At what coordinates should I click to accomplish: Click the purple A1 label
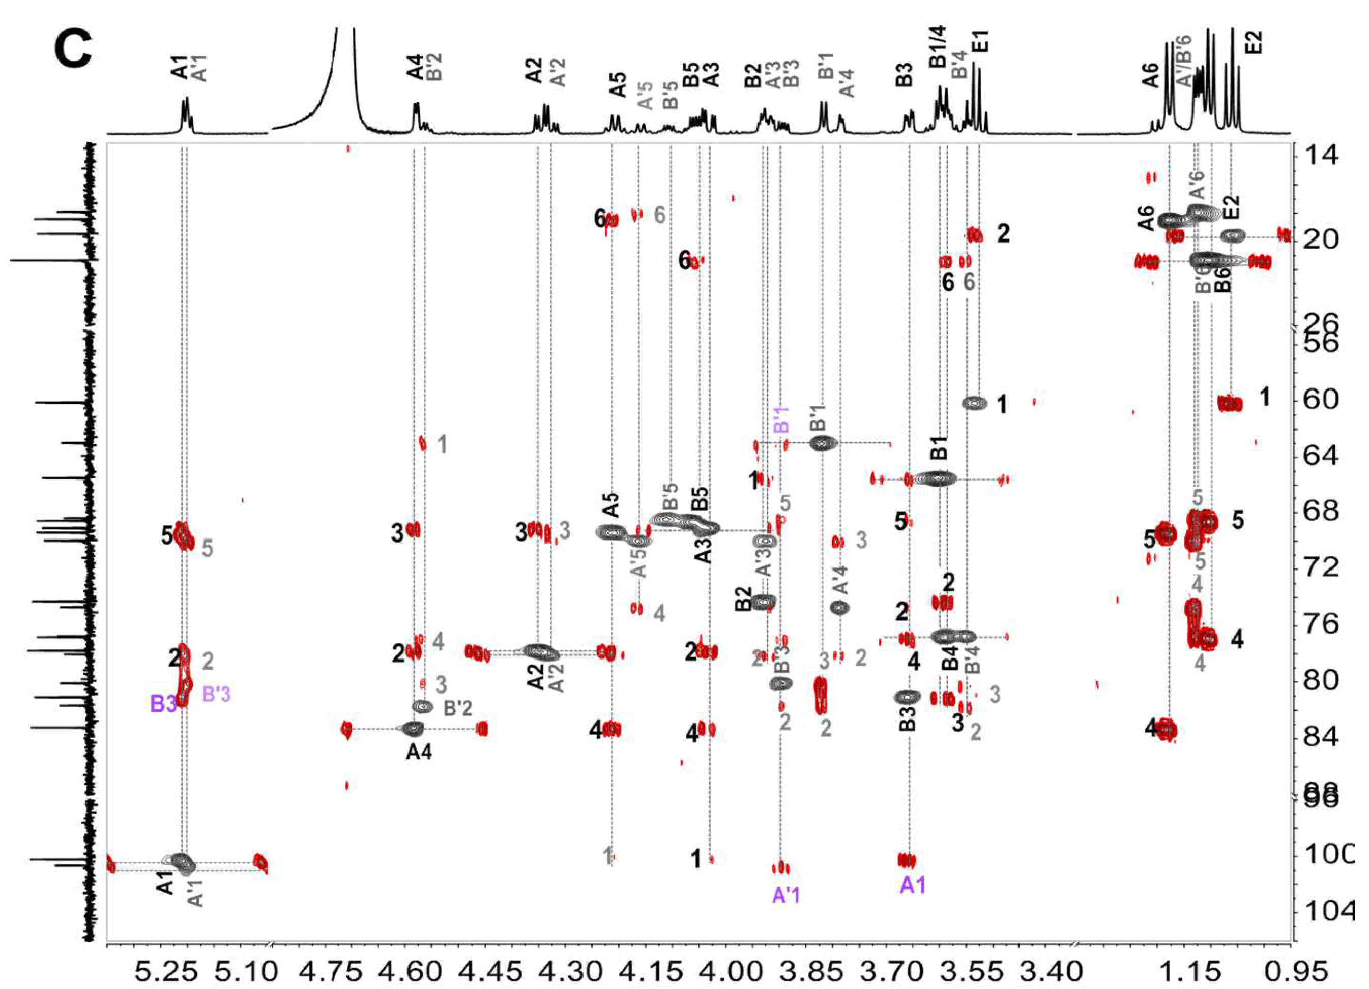coord(912,885)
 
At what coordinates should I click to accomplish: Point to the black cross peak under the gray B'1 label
coord(823,443)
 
